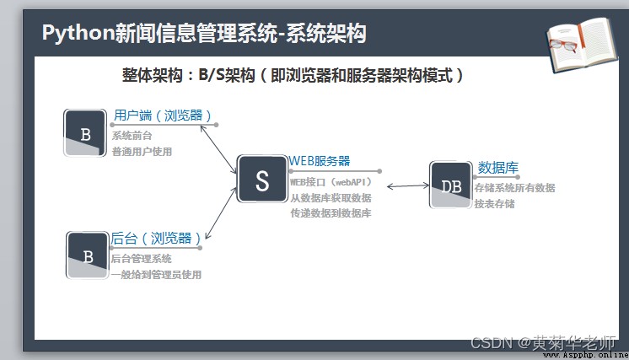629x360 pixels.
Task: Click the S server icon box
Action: [x=262, y=179]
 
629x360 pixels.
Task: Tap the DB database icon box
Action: [x=450, y=185]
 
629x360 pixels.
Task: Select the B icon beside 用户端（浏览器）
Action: [x=85, y=132]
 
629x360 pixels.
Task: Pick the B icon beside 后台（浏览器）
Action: [x=88, y=255]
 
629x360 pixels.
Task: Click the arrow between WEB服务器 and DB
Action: [x=408, y=185]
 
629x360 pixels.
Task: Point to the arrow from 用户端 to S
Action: [x=218, y=149]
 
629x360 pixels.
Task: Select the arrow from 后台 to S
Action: [x=221, y=213]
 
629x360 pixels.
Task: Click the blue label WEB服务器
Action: [x=320, y=161]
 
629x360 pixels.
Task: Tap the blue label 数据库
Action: [x=497, y=168]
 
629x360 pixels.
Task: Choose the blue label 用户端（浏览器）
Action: [x=163, y=116]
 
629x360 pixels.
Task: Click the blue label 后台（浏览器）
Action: [x=156, y=239]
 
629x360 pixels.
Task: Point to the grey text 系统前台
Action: [x=132, y=136]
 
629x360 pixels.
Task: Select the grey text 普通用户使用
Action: [x=142, y=152]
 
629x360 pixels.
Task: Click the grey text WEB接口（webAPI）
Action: [x=331, y=182]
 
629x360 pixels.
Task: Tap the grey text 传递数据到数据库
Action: [x=331, y=213]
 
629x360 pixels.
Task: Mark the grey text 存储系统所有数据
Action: [x=514, y=188]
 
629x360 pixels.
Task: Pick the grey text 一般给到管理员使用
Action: [x=156, y=275]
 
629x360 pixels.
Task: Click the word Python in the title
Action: [x=78, y=33]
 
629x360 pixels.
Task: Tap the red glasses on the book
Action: [x=563, y=45]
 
